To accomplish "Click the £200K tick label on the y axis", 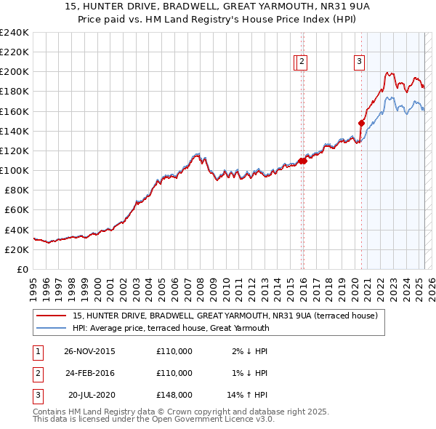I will click(15, 72).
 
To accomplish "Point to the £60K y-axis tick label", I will click(17, 210).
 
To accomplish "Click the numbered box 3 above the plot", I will click(359, 63).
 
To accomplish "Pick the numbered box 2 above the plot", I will click(302, 63).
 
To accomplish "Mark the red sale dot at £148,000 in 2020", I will click(361, 123).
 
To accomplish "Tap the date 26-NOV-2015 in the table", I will click(89, 351).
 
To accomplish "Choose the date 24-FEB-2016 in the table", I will click(89, 373).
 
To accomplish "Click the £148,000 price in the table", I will click(174, 396).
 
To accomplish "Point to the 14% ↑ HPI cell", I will click(248, 396).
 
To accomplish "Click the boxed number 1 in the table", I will click(36, 352).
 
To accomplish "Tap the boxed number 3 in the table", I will click(36, 396).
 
